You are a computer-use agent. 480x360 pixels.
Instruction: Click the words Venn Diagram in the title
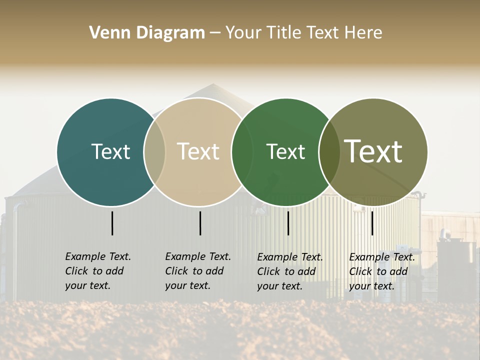(147, 33)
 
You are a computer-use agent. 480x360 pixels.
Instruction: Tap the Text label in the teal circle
(110, 151)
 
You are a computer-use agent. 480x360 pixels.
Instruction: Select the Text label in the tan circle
(198, 151)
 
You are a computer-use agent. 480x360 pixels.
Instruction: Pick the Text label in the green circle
(285, 151)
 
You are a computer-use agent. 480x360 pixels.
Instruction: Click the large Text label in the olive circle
(373, 151)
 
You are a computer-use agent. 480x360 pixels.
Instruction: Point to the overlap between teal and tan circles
(155, 151)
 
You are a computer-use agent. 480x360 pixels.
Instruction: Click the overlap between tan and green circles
(242, 151)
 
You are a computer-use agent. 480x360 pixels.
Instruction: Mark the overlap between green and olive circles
(329, 151)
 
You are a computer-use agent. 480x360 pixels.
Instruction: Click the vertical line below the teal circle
(112, 223)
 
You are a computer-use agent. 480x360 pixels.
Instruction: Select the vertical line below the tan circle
(200, 223)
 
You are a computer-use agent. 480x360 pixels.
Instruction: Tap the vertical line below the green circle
(288, 223)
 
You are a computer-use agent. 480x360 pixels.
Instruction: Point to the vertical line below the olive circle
(372, 223)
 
